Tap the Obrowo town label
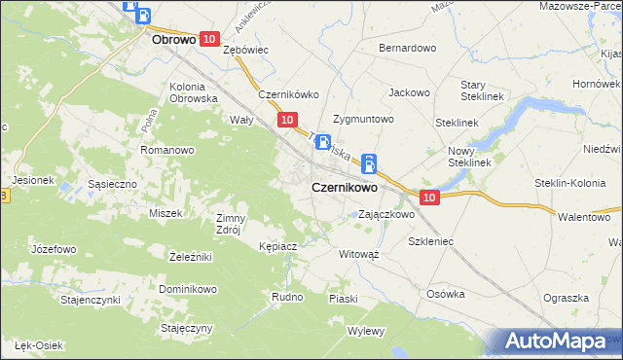pyautogui.click(x=175, y=42)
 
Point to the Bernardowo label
pyautogui.click(x=407, y=47)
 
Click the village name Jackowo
pyautogui.click(x=409, y=92)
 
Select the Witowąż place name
pyautogui.click(x=358, y=253)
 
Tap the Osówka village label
pyautogui.click(x=447, y=293)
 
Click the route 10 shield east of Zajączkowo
pyautogui.click(x=432, y=198)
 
